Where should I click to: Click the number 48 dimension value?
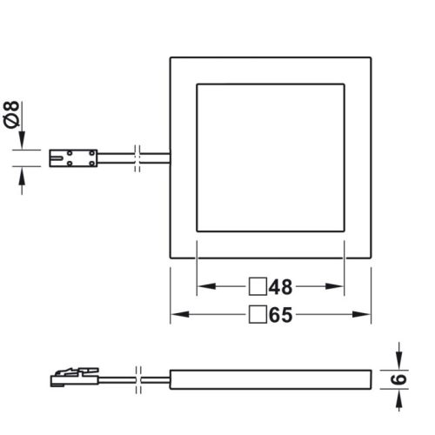click(279, 286)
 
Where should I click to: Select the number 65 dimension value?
click(279, 315)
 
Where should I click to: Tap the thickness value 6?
click(401, 380)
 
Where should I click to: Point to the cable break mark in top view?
click(138, 159)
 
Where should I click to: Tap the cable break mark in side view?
click(138, 380)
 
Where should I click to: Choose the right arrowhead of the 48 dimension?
click(340, 286)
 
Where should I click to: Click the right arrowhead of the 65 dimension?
click(368, 315)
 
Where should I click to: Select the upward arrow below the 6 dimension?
click(398, 398)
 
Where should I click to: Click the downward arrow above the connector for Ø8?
click(23, 142)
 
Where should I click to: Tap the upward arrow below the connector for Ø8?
click(23, 176)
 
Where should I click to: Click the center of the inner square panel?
click(271, 158)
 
